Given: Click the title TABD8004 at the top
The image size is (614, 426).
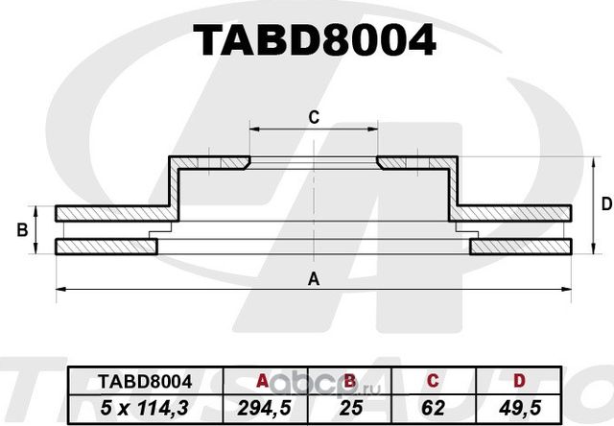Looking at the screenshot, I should coord(314,40).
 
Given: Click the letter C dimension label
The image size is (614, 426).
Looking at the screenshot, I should coord(313,118).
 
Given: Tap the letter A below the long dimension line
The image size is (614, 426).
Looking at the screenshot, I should coord(313,279).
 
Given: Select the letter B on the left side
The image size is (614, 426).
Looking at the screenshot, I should coord(22,229).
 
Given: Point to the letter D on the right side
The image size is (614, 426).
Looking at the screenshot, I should coord(605,203).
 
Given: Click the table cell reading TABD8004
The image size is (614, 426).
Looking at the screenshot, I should coord(144,381).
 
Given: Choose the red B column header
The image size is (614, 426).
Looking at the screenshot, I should coord(351,381).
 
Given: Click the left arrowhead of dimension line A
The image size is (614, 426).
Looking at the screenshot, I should coord(60,288).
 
